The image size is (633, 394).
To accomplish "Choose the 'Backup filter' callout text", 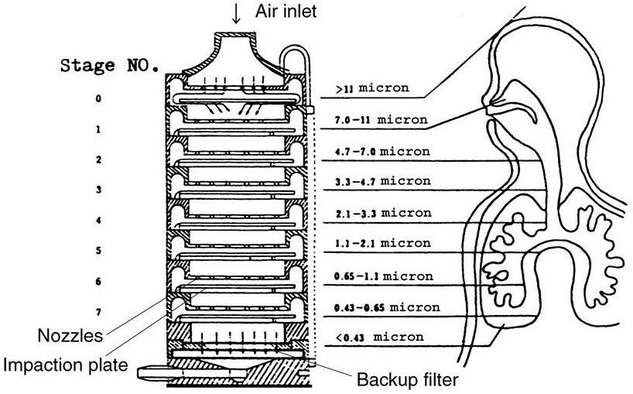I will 407,379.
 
